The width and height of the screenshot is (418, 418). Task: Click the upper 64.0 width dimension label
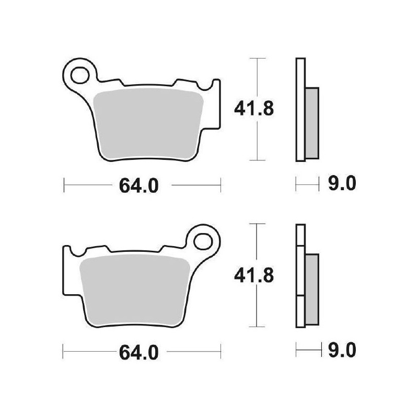coord(138,185)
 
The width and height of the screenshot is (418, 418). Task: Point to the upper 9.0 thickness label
coord(343,184)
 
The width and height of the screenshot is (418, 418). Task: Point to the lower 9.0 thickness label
coord(343,350)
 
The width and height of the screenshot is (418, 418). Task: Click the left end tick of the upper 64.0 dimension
coord(64,184)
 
